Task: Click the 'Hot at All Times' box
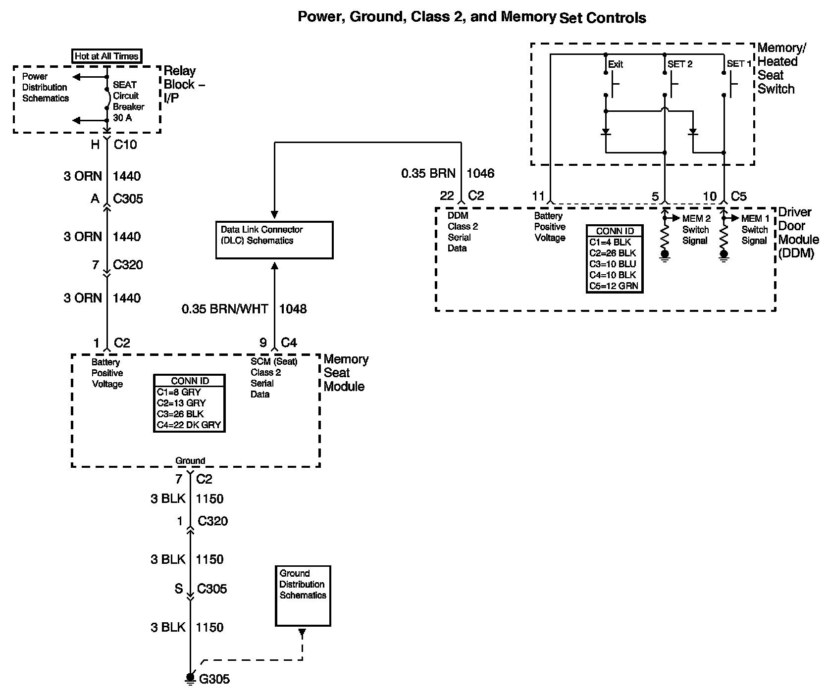click(107, 56)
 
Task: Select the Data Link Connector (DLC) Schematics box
click(274, 240)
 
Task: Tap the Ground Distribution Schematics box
click(303, 596)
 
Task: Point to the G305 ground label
click(214, 679)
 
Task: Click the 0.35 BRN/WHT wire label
click(225, 309)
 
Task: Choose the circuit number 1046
click(480, 173)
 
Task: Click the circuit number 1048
click(293, 309)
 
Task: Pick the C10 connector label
click(125, 145)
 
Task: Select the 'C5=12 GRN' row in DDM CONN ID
click(614, 286)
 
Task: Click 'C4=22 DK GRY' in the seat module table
click(189, 425)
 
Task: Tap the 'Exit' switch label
click(616, 64)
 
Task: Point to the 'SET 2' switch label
click(680, 64)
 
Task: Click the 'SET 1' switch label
click(739, 64)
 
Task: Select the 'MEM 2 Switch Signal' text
click(696, 230)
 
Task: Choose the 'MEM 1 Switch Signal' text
click(755, 230)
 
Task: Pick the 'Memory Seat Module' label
click(346, 373)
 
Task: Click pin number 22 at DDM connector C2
click(447, 196)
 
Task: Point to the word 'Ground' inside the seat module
click(190, 460)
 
